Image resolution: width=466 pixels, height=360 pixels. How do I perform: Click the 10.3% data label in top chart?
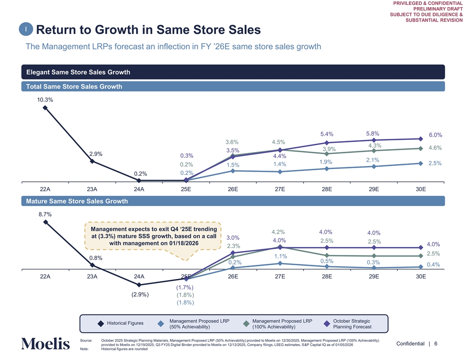(x=45, y=100)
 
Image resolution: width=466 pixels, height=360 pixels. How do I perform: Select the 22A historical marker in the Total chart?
(x=45, y=107)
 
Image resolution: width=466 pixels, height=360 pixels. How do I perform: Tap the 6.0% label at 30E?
(x=435, y=135)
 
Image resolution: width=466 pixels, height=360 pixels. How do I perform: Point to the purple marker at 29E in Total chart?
(x=374, y=140)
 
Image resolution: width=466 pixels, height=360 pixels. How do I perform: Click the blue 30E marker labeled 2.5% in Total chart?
(x=421, y=164)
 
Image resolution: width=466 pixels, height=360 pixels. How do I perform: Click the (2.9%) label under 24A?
(x=140, y=294)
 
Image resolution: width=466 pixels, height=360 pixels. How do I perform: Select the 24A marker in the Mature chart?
(x=139, y=285)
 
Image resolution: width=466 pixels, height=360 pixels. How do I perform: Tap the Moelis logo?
(x=45, y=344)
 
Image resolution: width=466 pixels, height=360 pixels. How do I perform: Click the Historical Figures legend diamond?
(x=100, y=324)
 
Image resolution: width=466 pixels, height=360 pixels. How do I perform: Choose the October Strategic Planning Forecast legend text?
(x=352, y=324)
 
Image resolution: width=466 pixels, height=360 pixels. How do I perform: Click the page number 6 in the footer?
(x=436, y=344)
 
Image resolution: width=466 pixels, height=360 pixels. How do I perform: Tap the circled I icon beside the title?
(x=26, y=29)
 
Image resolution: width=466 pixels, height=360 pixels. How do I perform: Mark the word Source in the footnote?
(x=86, y=341)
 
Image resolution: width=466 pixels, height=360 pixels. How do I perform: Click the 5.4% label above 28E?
(x=327, y=134)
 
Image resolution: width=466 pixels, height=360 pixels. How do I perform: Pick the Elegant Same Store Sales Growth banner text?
(x=79, y=72)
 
